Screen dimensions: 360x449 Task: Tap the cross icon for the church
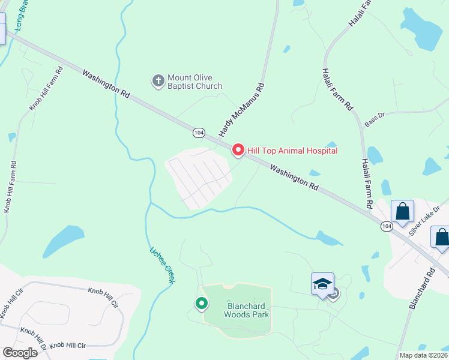pyautogui.click(x=158, y=81)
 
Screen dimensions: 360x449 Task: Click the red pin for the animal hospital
pyautogui.click(x=238, y=150)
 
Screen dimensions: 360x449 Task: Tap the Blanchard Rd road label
pyautogui.click(x=423, y=287)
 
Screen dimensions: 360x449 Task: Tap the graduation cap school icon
pyautogui.click(x=322, y=283)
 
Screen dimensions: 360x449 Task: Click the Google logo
pyautogui.click(x=20, y=353)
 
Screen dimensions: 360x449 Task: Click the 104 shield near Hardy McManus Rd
pyautogui.click(x=199, y=132)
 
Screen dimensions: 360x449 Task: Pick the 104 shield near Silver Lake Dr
pyautogui.click(x=387, y=226)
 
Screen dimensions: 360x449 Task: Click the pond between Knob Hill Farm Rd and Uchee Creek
pyautogui.click(x=64, y=240)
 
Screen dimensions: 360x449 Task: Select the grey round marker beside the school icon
pyautogui.click(x=334, y=293)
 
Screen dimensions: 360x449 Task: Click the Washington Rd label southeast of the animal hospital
pyautogui.click(x=294, y=178)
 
